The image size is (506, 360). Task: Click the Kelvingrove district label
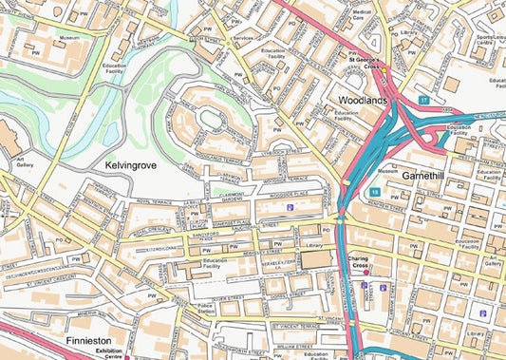click(x=131, y=165)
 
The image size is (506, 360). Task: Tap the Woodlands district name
click(x=364, y=99)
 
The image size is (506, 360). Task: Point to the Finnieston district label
click(x=91, y=339)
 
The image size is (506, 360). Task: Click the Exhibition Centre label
click(x=108, y=353)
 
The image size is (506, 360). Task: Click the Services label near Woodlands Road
click(x=243, y=37)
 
